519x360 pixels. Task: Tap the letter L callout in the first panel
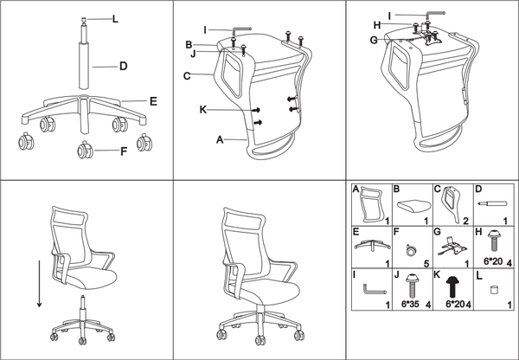114,18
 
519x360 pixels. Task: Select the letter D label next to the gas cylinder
124,66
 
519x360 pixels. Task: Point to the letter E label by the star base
152,101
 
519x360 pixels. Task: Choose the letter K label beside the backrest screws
204,110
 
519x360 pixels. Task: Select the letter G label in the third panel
373,39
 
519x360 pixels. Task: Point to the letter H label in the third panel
376,23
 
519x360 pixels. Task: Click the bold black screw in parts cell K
452,286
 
